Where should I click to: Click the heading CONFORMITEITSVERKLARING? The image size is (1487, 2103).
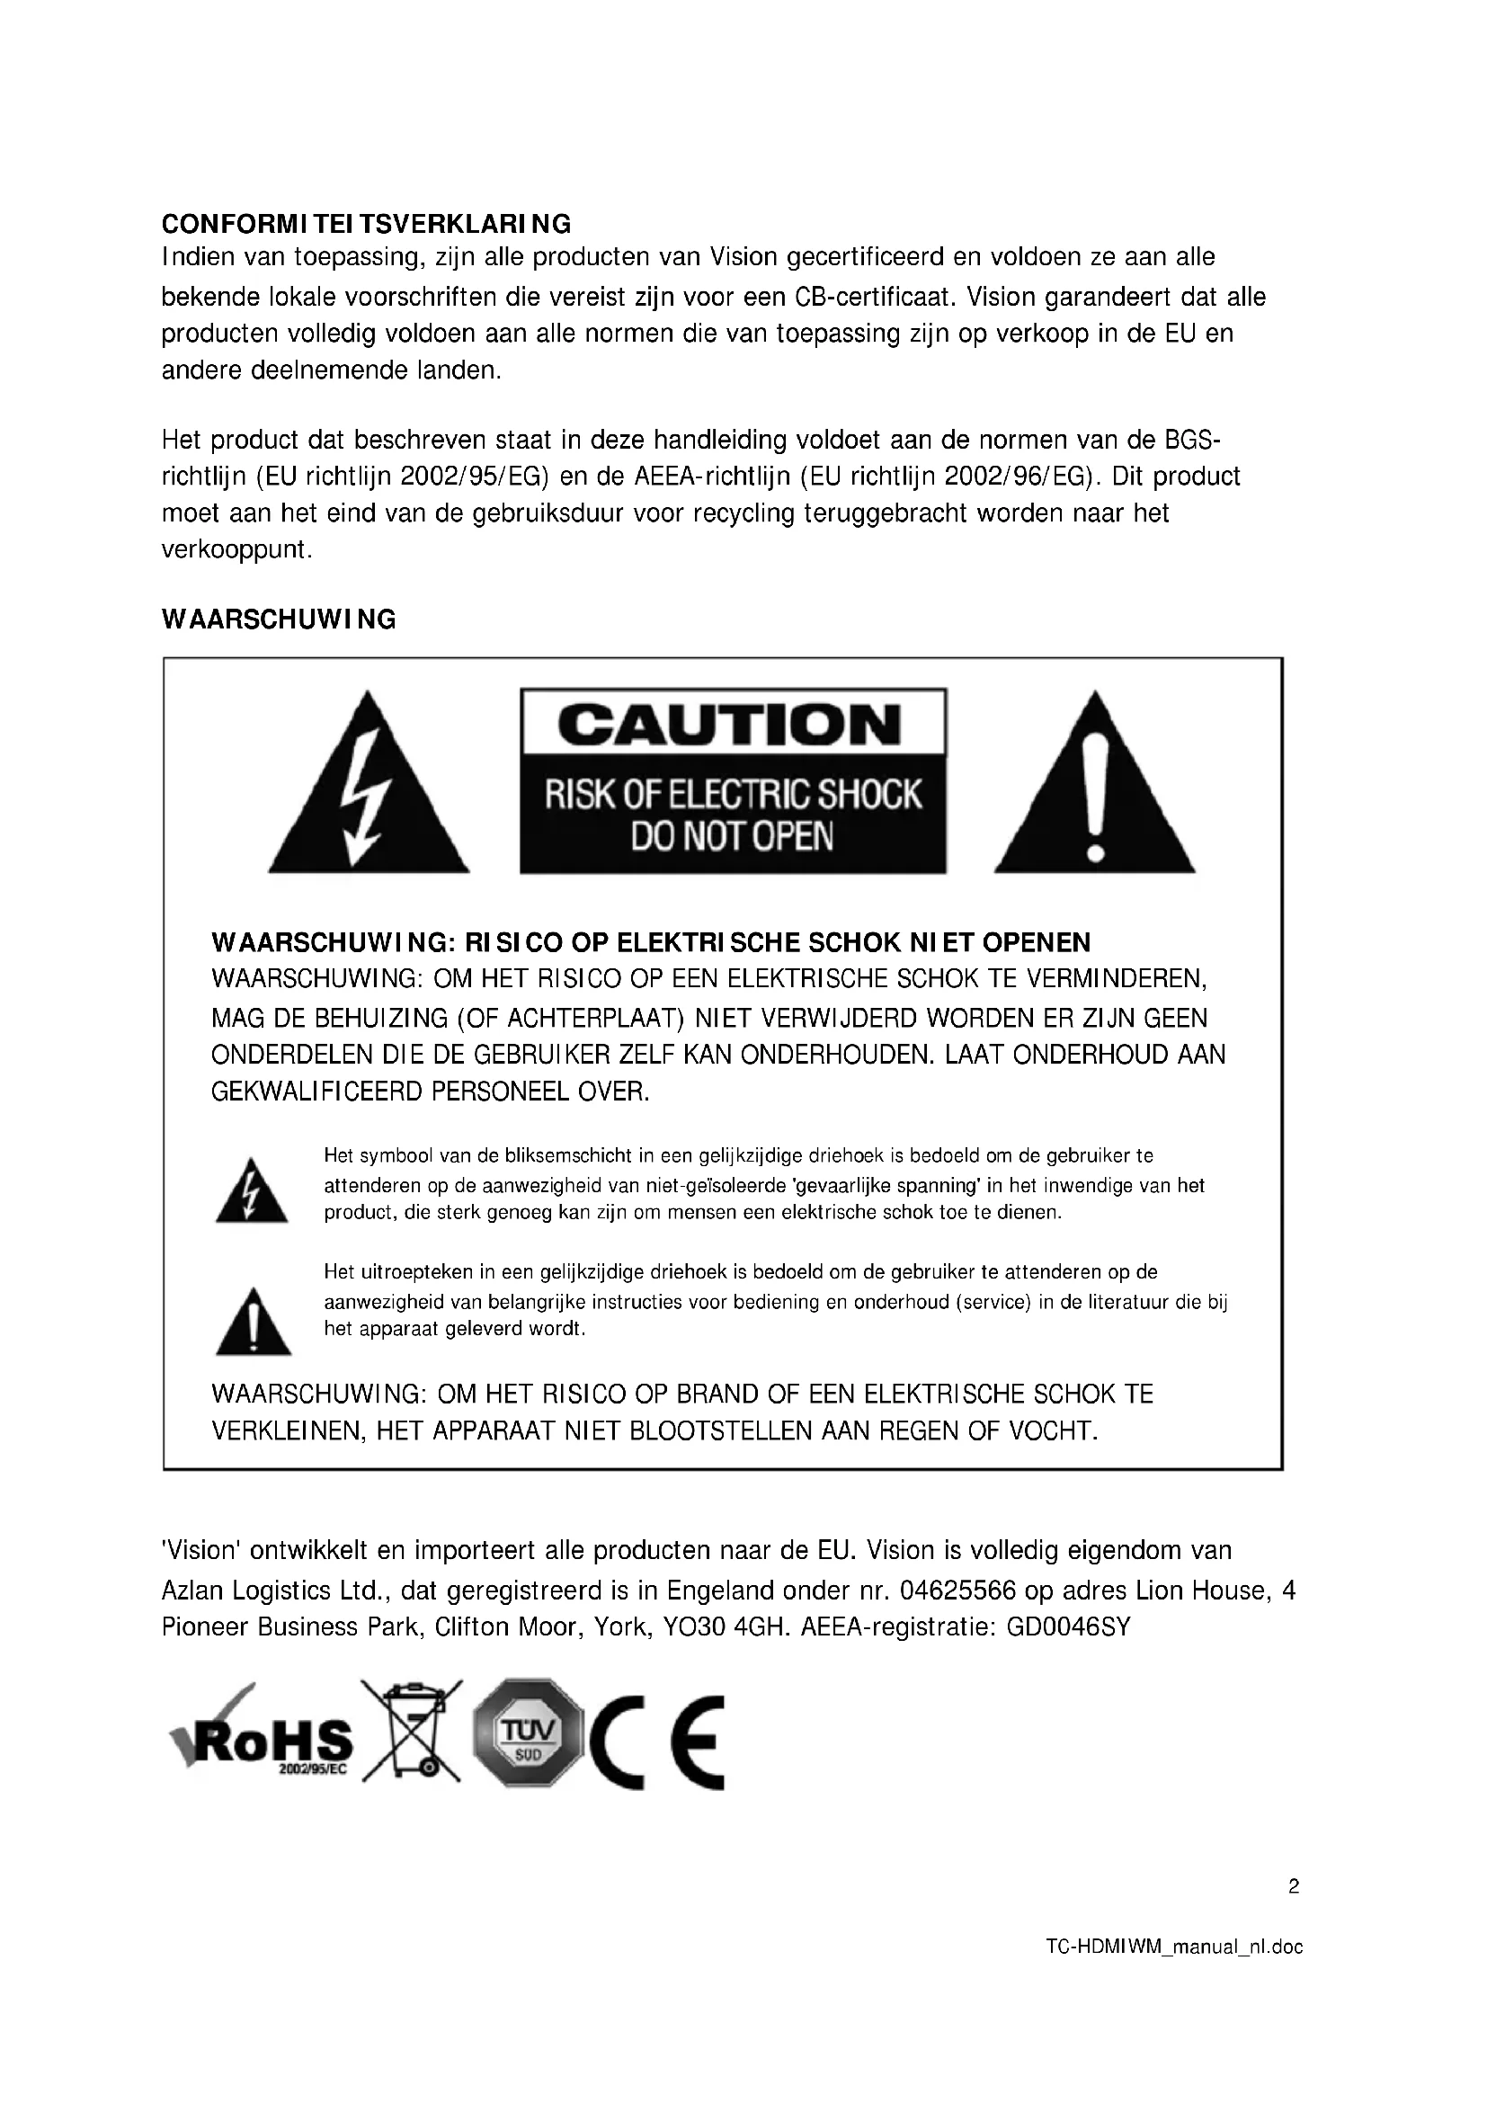click(366, 224)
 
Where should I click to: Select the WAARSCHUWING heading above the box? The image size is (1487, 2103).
click(279, 619)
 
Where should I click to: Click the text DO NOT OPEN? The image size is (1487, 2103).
click(732, 837)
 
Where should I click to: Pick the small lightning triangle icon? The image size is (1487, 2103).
click(251, 1193)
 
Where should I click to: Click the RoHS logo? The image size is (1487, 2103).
click(263, 1738)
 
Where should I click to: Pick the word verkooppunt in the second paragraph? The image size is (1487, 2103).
click(236, 550)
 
